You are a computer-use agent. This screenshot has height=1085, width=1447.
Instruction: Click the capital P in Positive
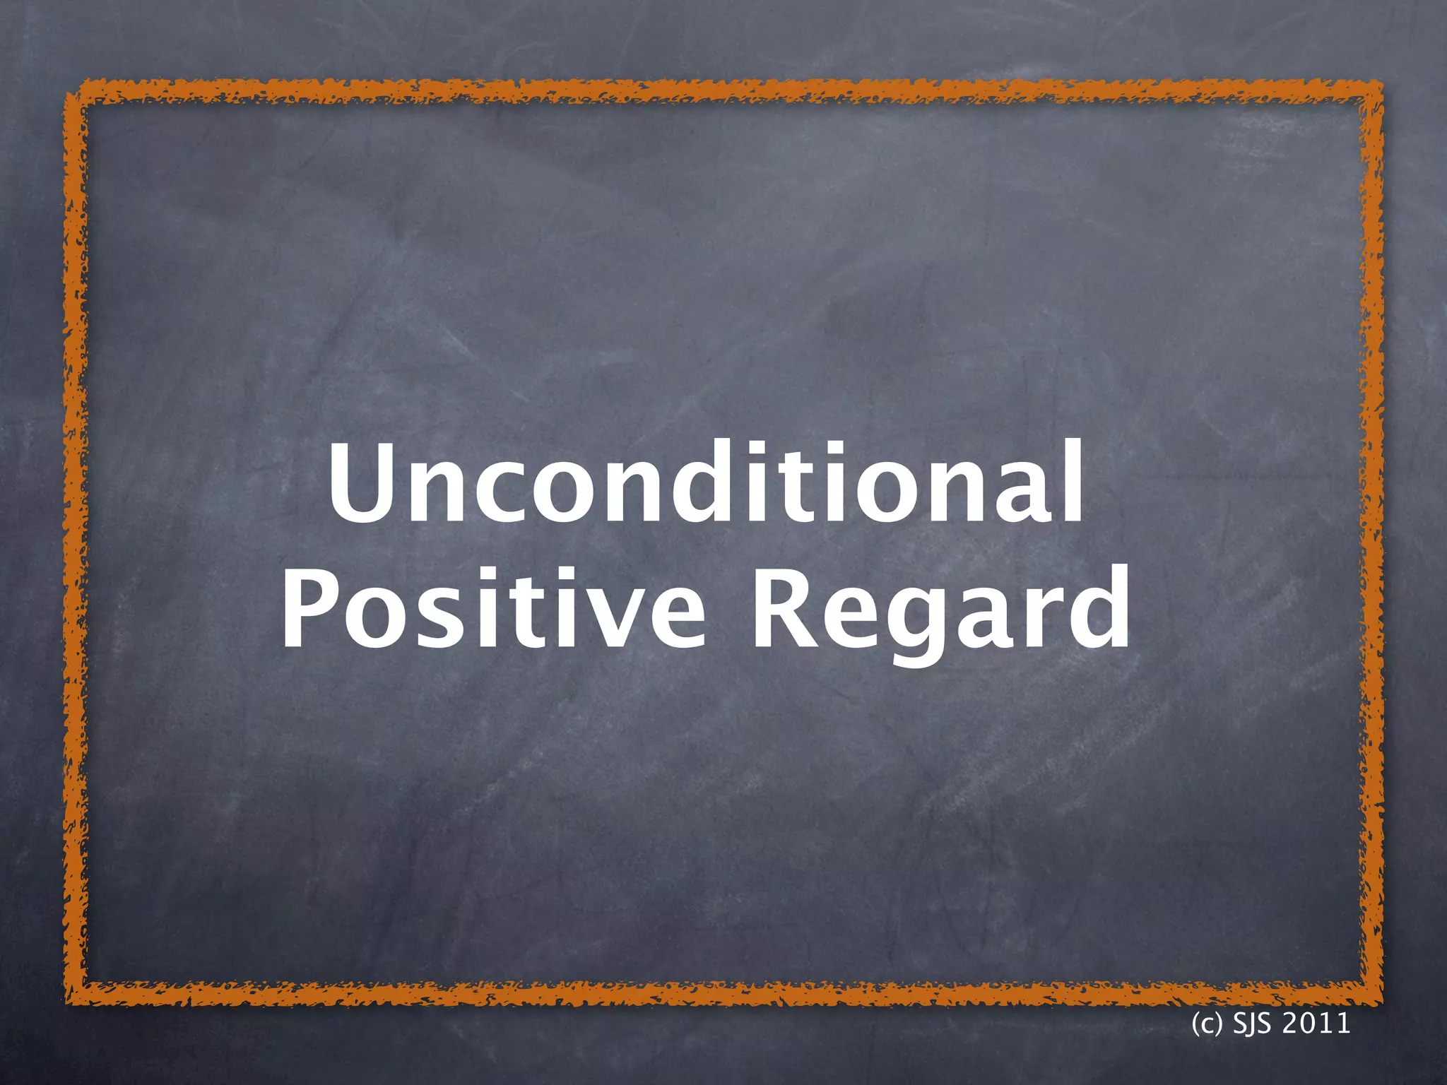click(x=310, y=607)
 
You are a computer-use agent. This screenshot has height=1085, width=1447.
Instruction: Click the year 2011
click(x=1316, y=1023)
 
